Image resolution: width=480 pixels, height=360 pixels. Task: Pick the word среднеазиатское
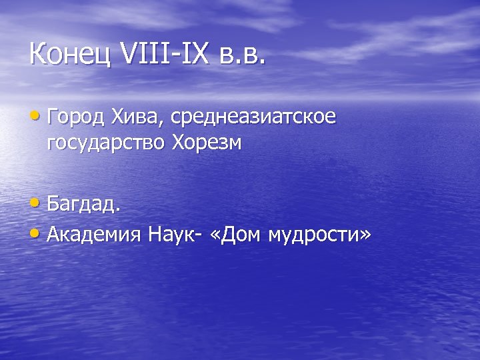[253, 119]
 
